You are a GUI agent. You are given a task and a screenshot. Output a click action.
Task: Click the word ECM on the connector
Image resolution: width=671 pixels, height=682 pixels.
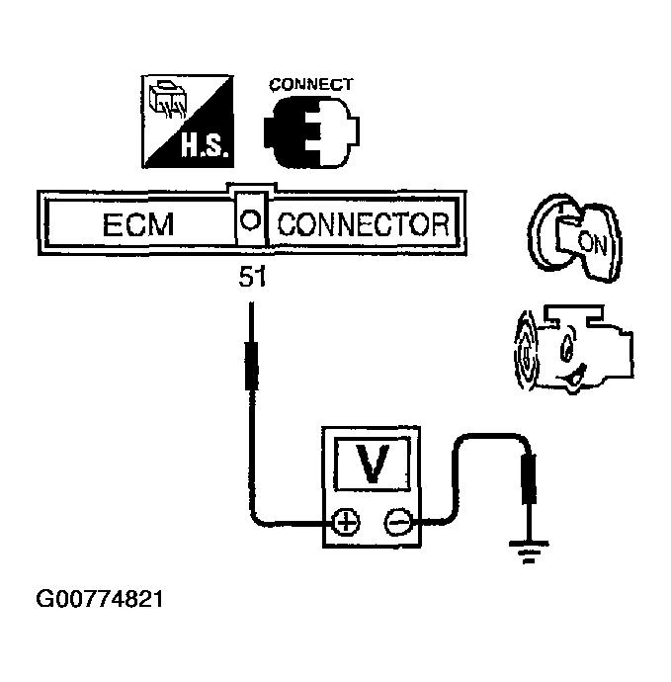coord(138,225)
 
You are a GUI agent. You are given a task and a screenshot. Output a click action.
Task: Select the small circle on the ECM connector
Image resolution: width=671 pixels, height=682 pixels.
coord(251,219)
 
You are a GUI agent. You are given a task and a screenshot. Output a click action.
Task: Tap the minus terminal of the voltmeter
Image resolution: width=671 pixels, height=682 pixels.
coord(397,522)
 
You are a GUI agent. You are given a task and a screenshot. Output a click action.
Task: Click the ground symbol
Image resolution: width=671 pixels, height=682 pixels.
coord(530,554)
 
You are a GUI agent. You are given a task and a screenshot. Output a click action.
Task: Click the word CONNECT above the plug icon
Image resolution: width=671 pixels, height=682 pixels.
coord(310,85)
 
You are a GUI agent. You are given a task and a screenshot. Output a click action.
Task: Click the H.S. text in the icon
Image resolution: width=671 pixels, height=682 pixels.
coord(205,147)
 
